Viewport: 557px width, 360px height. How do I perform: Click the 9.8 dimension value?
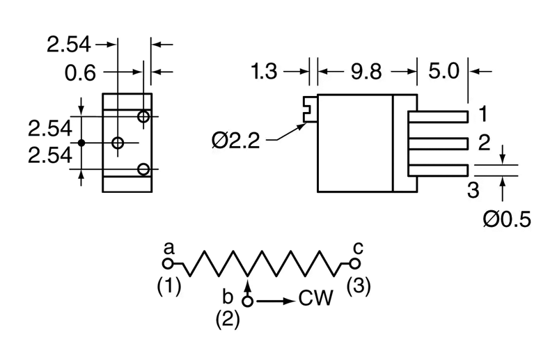(366, 72)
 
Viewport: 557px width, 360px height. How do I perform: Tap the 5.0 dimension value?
(444, 71)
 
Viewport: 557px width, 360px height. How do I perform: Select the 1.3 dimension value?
(264, 72)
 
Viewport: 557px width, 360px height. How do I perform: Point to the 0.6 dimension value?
(80, 73)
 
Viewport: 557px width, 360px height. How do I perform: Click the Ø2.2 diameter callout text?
(236, 141)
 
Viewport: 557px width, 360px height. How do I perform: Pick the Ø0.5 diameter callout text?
(507, 219)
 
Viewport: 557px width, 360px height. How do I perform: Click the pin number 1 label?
(483, 114)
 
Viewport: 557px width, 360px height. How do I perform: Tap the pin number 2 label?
(484, 142)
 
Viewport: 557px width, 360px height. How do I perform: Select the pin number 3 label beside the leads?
(473, 190)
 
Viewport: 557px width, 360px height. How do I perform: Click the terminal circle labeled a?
(168, 264)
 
